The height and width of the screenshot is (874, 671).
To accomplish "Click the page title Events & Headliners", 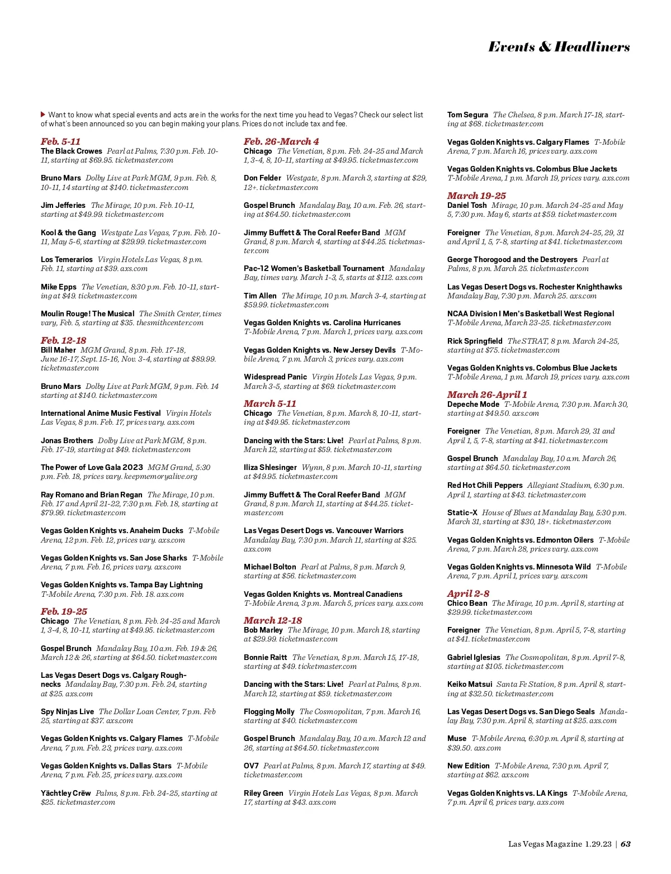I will [x=559, y=47].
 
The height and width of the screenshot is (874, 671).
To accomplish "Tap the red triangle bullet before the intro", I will [x=43, y=115].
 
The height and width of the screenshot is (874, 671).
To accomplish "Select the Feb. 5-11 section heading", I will [x=60, y=141].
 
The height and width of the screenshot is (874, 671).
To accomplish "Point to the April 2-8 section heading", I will [x=468, y=593].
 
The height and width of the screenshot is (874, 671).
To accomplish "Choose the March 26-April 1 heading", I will [x=486, y=395].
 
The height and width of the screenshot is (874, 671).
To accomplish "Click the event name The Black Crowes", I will [x=72, y=151].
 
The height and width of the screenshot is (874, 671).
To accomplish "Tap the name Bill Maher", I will [x=58, y=350].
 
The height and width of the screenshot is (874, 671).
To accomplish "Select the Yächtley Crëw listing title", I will [x=65, y=793].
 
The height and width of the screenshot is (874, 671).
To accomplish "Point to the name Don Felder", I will [x=262, y=178].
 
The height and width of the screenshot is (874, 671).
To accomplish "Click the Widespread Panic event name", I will [x=275, y=377].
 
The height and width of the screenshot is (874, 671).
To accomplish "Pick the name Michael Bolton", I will [x=270, y=567].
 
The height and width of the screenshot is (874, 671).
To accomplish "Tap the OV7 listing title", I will [x=251, y=766].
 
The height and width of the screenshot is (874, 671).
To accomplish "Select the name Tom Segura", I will [x=467, y=115].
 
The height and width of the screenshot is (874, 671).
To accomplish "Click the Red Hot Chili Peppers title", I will [x=485, y=486].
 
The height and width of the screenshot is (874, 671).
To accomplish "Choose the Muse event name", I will [x=457, y=738].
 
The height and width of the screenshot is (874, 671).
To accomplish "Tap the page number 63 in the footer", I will [x=626, y=844].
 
